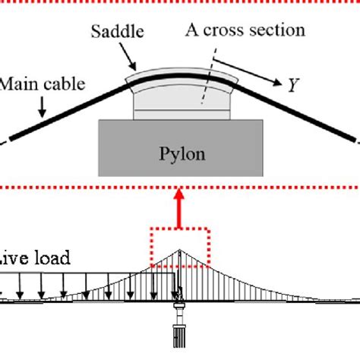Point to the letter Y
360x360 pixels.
pyautogui.click(x=292, y=85)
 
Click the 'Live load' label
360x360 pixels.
pyautogui.click(x=34, y=258)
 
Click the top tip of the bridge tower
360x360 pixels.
pyautogui.click(x=179, y=250)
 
